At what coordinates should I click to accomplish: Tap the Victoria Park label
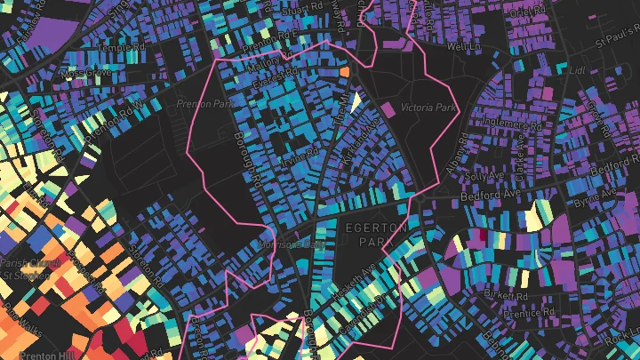click(428, 108)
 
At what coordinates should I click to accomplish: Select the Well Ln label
click(462, 45)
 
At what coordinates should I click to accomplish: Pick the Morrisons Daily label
click(288, 243)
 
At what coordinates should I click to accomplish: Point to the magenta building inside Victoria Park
click(388, 109)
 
